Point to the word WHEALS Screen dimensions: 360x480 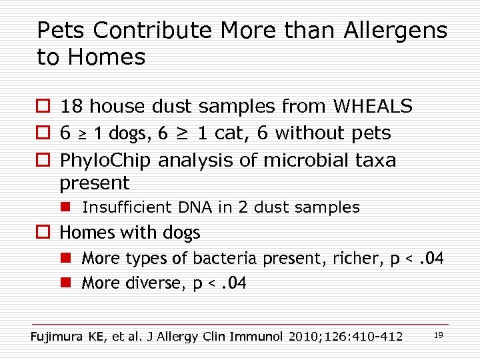coord(373,106)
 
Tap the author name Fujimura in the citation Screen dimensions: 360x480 coord(57,336)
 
